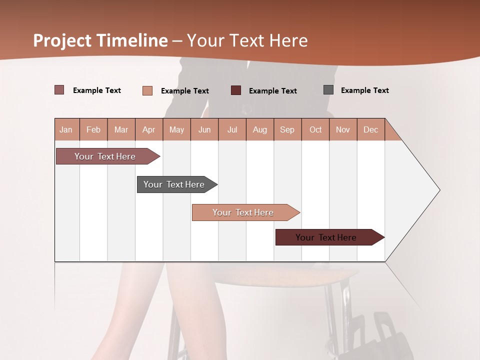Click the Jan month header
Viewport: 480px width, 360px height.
[66, 129]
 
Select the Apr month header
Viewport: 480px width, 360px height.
[149, 129]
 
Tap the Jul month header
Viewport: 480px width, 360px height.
[232, 129]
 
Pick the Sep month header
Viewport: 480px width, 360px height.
[287, 129]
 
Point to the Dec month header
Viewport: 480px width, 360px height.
[370, 129]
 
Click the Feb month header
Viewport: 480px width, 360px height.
[93, 129]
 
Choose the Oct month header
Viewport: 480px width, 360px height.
[315, 129]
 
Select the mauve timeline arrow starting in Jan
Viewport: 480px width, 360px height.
[105, 156]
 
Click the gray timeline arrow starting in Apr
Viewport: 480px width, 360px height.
[174, 184]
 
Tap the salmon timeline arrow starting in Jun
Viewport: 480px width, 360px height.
[243, 212]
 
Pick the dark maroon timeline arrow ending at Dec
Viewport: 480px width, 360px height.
[326, 237]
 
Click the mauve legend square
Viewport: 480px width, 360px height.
[59, 90]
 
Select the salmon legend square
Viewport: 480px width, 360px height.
[147, 90]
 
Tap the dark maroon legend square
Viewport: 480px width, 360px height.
[236, 90]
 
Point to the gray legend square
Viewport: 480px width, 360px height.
[328, 90]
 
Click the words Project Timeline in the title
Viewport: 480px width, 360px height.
[100, 40]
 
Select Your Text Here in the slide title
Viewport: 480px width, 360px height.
[247, 40]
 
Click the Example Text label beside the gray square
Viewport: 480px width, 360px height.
[364, 90]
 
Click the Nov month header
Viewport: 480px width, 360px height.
[343, 129]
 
